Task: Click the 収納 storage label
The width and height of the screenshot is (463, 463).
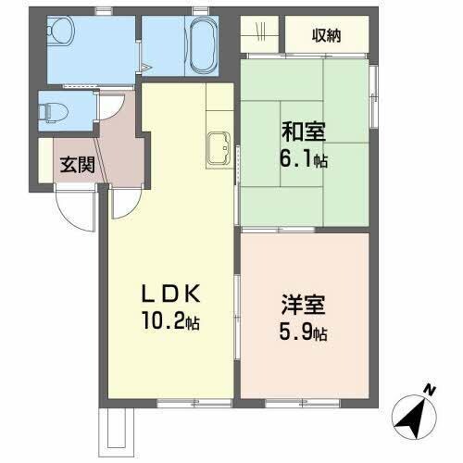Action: (x=326, y=36)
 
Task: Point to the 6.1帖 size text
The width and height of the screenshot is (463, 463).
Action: (x=305, y=159)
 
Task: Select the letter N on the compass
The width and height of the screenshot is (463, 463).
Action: (x=429, y=390)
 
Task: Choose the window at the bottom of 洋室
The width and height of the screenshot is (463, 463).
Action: (x=293, y=403)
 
